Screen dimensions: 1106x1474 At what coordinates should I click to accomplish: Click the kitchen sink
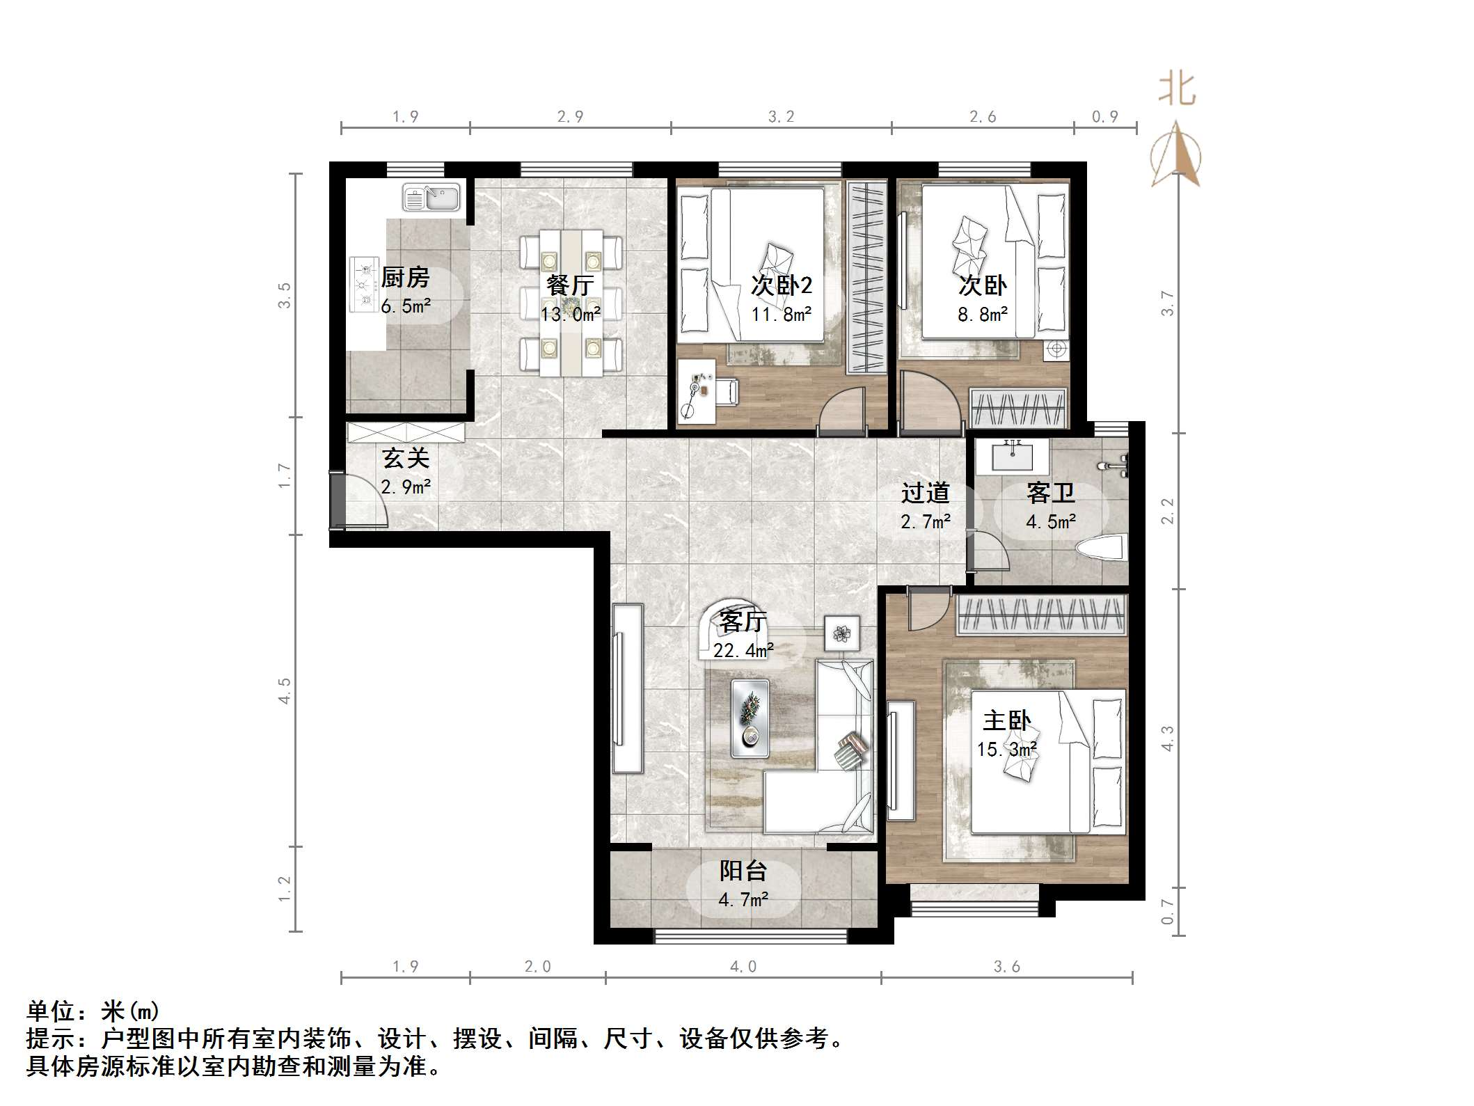[431, 197]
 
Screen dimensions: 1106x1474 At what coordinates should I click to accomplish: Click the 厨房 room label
[405, 278]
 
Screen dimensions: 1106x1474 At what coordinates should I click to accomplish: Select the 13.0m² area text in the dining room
[571, 315]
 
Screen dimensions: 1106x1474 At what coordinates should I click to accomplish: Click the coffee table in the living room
[750, 718]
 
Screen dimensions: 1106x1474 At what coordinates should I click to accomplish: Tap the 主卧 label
[1006, 721]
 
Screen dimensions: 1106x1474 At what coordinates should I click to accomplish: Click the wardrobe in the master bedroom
[1042, 615]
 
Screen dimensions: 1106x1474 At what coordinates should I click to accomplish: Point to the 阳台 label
[743, 871]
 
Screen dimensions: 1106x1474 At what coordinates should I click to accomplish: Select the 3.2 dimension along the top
[781, 117]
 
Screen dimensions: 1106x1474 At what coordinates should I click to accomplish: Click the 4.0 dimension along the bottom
[743, 967]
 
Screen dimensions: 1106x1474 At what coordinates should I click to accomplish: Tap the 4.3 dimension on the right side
[1167, 738]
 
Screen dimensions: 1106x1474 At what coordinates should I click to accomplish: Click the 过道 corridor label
[925, 493]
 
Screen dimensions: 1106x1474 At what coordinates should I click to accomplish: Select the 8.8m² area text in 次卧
[982, 315]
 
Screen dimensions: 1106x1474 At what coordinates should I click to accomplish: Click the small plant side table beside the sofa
[842, 633]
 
